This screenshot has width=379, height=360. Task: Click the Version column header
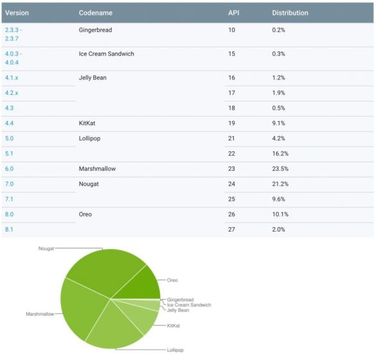click(x=17, y=13)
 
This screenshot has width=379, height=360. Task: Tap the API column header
click(x=233, y=13)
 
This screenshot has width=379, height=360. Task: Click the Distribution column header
click(x=290, y=13)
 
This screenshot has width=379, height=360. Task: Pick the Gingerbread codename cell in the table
click(x=96, y=30)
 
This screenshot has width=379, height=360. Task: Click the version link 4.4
click(x=10, y=122)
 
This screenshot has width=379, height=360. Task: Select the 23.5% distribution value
click(x=281, y=169)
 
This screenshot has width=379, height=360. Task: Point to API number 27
click(x=232, y=229)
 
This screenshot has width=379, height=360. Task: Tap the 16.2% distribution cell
click(x=281, y=153)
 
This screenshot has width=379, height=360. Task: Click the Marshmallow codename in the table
click(x=97, y=169)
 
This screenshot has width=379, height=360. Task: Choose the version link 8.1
click(x=10, y=229)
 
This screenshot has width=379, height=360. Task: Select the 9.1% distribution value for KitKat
click(x=279, y=122)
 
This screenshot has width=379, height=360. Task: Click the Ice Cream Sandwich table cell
click(x=106, y=54)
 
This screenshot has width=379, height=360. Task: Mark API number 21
click(x=232, y=138)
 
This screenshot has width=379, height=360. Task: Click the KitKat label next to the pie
click(x=173, y=326)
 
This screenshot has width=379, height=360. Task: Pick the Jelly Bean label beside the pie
click(x=178, y=310)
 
